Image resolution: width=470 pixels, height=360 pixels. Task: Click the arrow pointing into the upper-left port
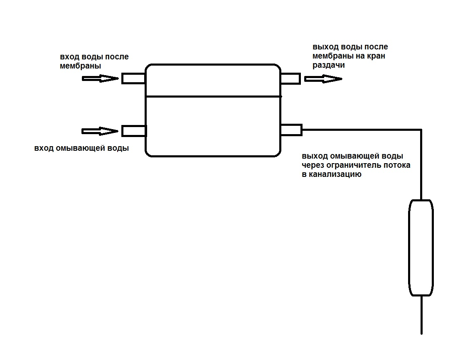pyautogui.click(x=101, y=79)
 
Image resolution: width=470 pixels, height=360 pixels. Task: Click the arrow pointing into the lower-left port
pyautogui.click(x=100, y=131)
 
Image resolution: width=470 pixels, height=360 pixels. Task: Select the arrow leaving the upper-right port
pyautogui.click(x=323, y=79)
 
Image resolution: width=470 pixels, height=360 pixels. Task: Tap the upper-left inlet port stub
pyautogui.click(x=133, y=78)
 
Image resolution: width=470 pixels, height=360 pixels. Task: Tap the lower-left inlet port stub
pyautogui.click(x=134, y=131)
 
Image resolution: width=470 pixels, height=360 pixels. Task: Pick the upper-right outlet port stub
pyautogui.click(x=290, y=78)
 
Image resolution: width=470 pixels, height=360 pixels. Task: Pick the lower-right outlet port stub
pyautogui.click(x=291, y=130)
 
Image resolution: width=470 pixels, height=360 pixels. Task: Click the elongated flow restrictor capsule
pyautogui.click(x=421, y=248)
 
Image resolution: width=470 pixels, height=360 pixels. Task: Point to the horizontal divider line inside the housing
pyautogui.click(x=214, y=96)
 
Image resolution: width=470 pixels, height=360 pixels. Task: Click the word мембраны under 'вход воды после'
pyautogui.click(x=80, y=66)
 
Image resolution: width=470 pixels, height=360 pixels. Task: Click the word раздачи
pyautogui.click(x=329, y=65)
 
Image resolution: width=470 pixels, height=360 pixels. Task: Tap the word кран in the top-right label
pyautogui.click(x=376, y=56)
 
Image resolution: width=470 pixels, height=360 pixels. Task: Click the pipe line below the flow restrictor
pyautogui.click(x=421, y=315)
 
